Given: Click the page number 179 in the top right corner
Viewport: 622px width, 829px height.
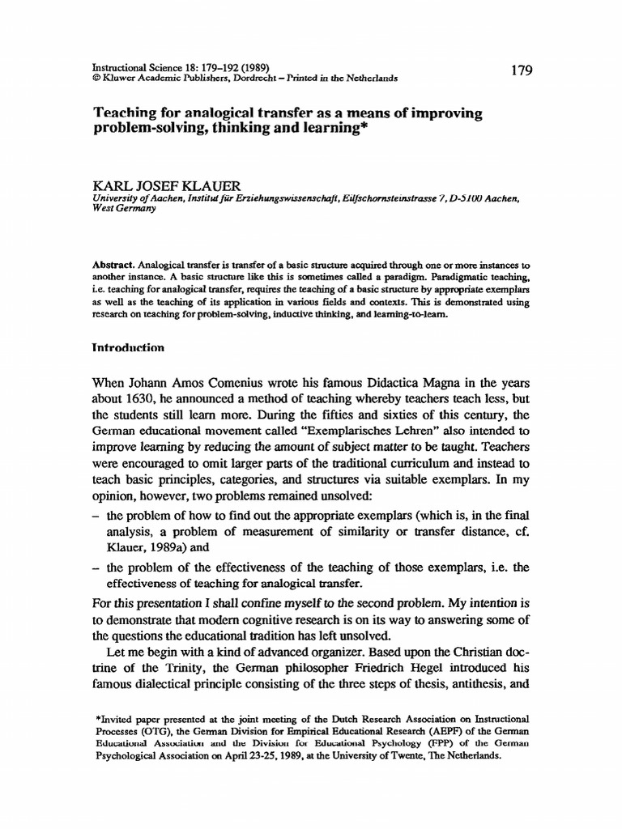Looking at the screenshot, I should pyautogui.click(x=522, y=71).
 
